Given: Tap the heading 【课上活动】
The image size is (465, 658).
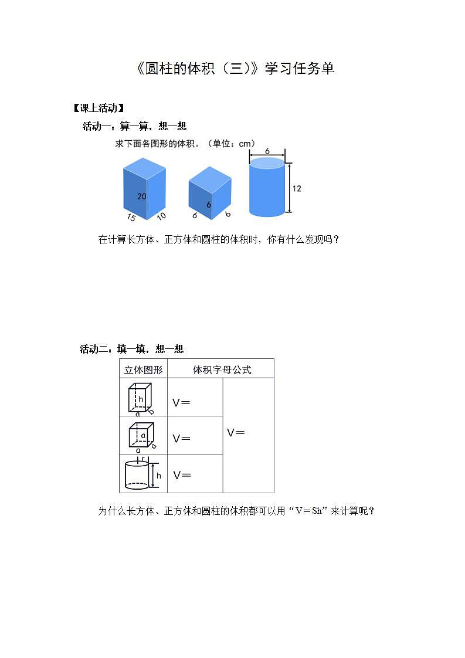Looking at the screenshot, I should [98, 108].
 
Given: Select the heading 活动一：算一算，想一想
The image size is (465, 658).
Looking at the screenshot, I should [134, 126].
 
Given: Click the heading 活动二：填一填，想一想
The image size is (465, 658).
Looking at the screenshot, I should [132, 349].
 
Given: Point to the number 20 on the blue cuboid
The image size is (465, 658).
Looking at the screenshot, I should [142, 196].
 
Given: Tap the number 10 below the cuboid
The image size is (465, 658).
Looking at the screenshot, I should [161, 216].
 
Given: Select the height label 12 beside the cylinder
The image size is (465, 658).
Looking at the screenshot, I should [297, 188].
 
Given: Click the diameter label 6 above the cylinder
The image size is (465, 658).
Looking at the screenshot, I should [267, 151].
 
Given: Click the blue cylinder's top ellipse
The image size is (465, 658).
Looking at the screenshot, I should [267, 163].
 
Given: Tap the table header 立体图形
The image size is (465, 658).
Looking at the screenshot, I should [143, 369].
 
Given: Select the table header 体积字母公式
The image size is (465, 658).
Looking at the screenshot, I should [222, 369].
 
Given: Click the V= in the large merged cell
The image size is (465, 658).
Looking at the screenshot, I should [236, 433].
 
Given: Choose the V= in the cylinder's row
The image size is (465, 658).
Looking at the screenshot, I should [182, 475].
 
